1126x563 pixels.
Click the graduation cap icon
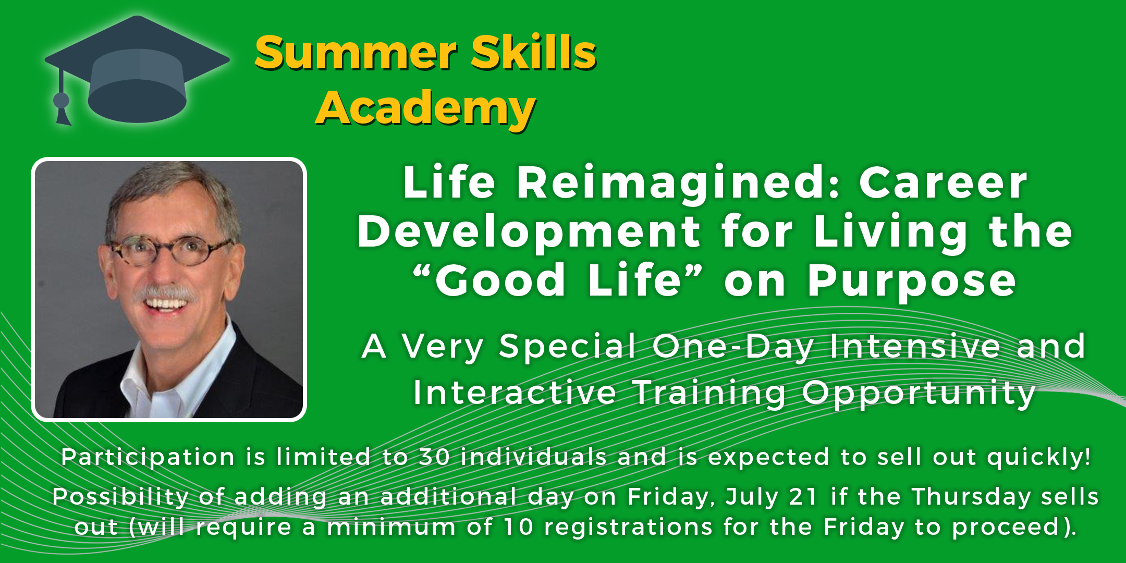click(137, 70)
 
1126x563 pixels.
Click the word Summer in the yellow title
click(356, 53)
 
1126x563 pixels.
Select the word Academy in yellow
click(425, 108)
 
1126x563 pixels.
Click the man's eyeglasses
click(169, 249)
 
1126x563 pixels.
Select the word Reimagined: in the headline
click(678, 185)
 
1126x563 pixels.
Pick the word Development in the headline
click(529, 234)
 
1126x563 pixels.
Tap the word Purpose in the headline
click(912, 282)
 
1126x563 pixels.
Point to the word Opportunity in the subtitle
click(919, 394)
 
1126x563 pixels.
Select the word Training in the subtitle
click(709, 394)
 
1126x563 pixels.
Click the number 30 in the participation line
click(434, 457)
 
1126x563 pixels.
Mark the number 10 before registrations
click(519, 527)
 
